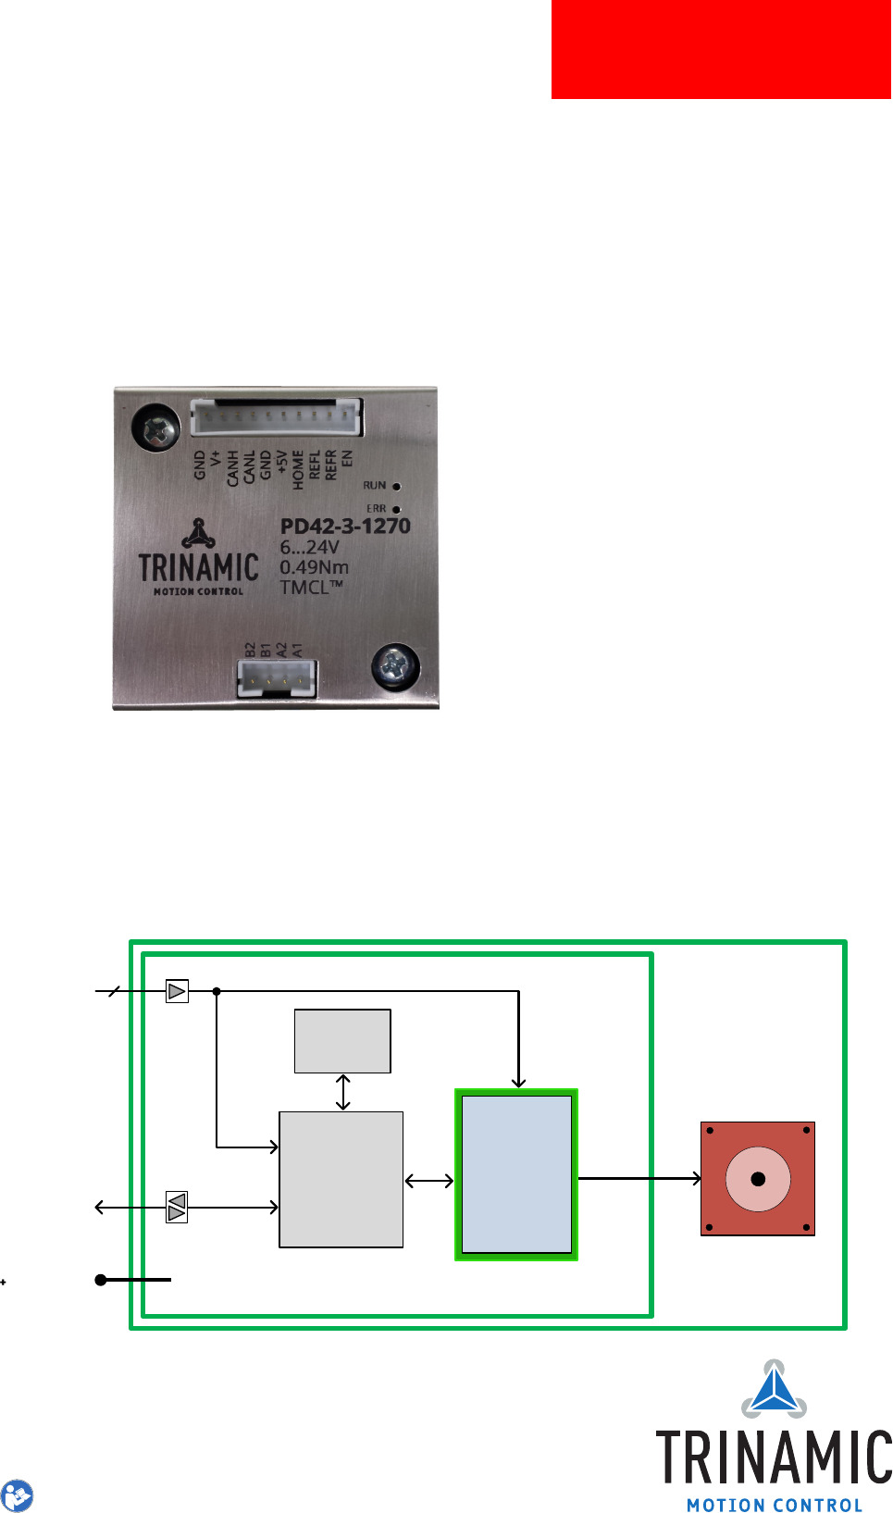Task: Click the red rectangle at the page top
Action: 721,48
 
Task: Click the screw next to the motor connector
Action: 395,666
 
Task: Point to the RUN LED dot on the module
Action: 397,486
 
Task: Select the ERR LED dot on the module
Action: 397,509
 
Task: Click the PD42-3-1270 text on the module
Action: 345,527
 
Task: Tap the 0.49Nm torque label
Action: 315,567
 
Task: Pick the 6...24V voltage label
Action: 310,547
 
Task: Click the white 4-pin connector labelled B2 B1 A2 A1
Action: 277,678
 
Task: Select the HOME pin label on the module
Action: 298,470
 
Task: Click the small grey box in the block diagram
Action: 342,1041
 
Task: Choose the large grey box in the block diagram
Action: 341,1179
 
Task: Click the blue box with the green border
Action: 516,1174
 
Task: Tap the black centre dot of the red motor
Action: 758,1179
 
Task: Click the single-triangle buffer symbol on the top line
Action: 177,991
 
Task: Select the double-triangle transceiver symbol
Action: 177,1207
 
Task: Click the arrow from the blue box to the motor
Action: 639,1178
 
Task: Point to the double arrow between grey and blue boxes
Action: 429,1180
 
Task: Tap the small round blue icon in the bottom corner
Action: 17,1495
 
